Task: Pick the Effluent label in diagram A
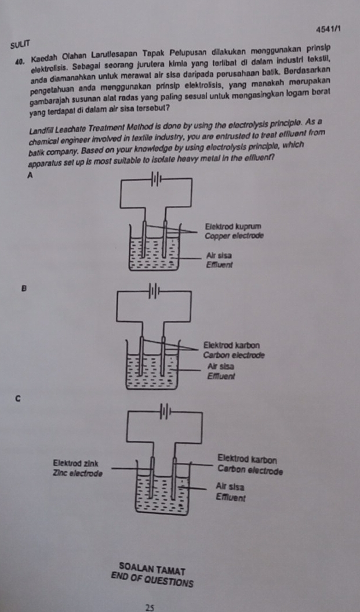point(219,264)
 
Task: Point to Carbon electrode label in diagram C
point(249,470)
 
